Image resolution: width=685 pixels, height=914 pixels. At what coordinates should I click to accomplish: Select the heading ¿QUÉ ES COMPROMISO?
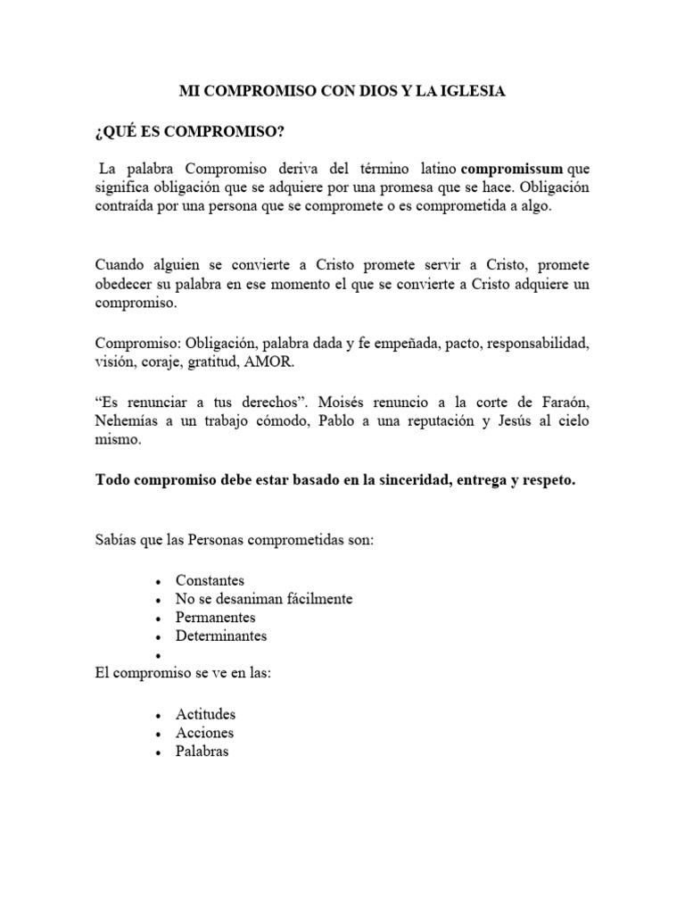pos(189,132)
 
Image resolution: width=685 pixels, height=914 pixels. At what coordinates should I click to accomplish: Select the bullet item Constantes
pos(210,580)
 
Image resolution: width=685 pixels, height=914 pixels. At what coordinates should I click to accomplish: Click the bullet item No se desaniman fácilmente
pos(264,599)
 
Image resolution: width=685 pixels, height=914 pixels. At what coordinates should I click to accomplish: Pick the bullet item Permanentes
pos(215,618)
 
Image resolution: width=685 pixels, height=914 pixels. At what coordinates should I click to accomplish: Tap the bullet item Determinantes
pos(221,636)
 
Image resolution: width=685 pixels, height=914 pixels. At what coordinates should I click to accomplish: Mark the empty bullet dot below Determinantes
pos(157,655)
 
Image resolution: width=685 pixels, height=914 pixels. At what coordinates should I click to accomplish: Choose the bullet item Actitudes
pos(205,714)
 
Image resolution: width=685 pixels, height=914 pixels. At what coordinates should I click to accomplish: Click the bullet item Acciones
pos(204,733)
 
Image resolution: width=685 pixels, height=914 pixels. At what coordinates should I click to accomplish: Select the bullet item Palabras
pos(202,752)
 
